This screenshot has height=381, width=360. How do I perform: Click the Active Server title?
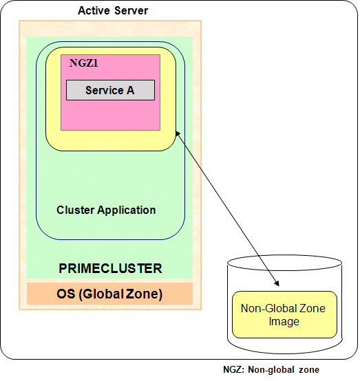click(x=113, y=11)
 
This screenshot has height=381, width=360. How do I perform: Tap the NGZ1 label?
click(x=83, y=63)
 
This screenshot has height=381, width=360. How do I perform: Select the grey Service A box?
click(x=110, y=90)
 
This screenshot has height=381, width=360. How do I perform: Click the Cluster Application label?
click(x=106, y=210)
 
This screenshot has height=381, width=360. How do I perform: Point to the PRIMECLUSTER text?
click(x=110, y=268)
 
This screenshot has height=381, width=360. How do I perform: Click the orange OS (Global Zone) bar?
click(x=109, y=294)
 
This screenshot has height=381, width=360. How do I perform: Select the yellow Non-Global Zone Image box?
click(x=284, y=314)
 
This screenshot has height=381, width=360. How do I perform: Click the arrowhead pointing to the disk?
click(x=277, y=283)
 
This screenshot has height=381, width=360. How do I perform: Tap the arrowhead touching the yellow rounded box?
click(x=178, y=133)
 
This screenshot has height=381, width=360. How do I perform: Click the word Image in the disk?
click(x=284, y=321)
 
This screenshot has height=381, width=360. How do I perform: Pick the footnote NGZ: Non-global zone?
click(x=271, y=369)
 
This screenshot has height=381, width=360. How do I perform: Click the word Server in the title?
click(x=131, y=11)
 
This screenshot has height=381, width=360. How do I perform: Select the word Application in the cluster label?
click(x=127, y=210)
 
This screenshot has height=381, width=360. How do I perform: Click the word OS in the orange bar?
click(x=66, y=294)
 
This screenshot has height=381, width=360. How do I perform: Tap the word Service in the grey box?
click(x=105, y=90)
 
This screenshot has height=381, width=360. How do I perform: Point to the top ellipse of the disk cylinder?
click(x=284, y=263)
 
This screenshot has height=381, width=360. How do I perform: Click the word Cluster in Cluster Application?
click(x=76, y=210)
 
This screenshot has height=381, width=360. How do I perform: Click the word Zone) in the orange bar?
click(x=144, y=294)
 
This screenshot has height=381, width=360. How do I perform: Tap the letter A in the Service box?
click(x=130, y=90)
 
